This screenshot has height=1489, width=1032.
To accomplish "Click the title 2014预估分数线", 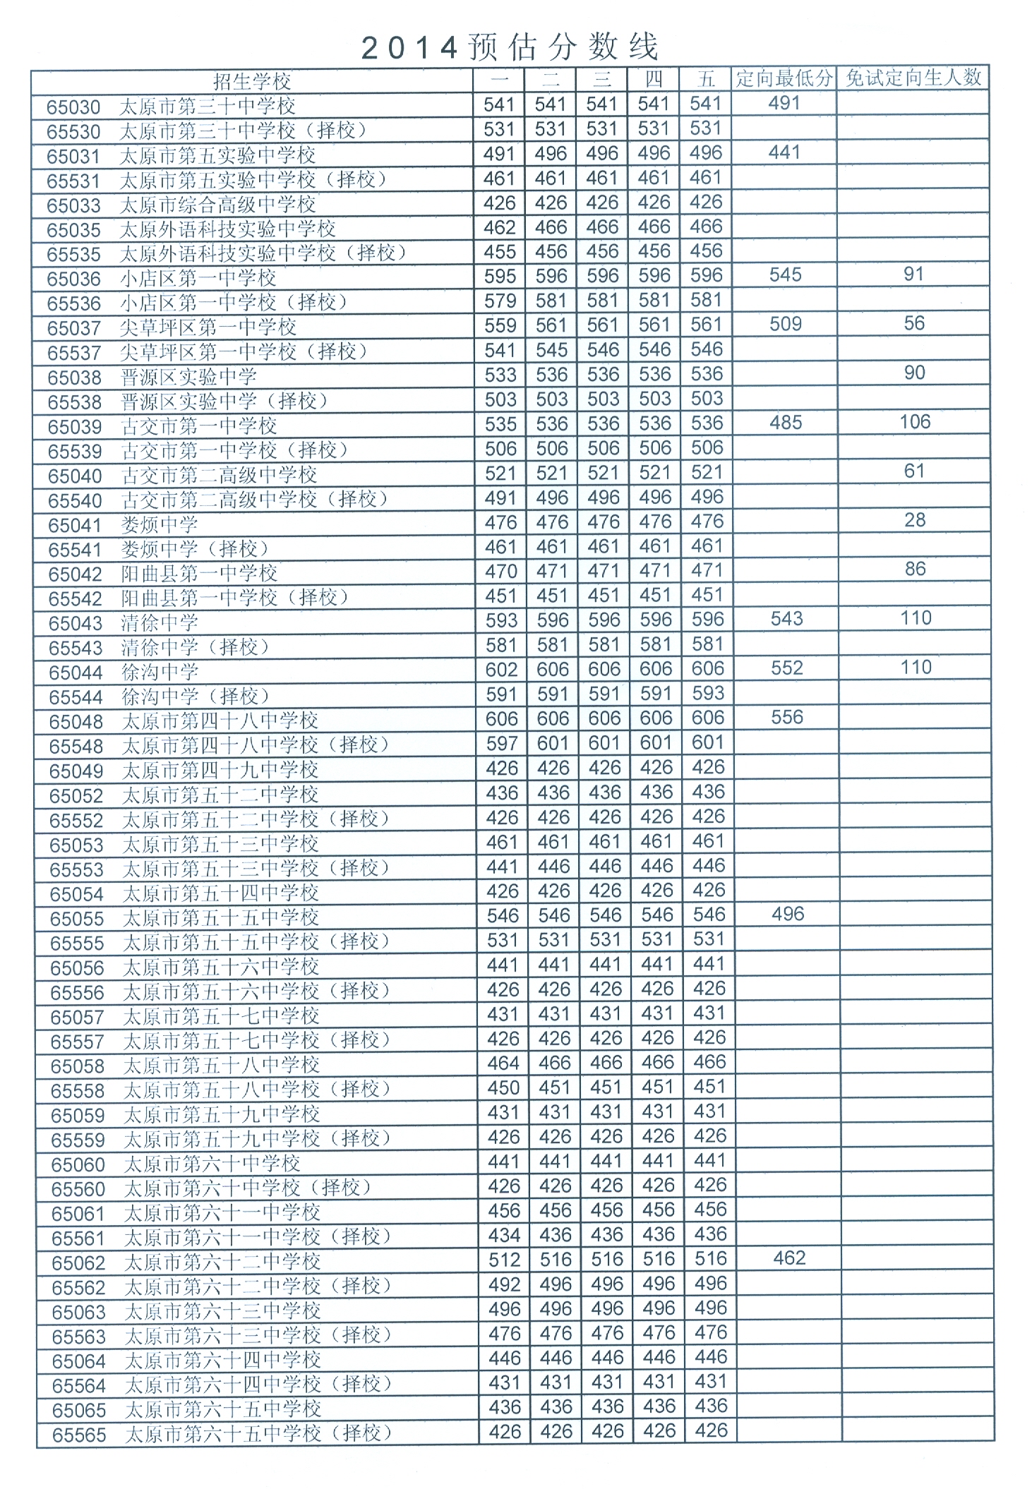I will pyautogui.click(x=510, y=47).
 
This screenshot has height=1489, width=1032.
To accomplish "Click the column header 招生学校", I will pyautogui.click(x=252, y=80).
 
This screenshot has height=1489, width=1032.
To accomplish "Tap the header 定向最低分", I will pyautogui.click(x=784, y=78).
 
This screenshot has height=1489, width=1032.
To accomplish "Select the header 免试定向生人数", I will pyautogui.click(x=913, y=78).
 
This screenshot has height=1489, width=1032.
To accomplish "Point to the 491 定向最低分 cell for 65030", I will pyautogui.click(x=784, y=104).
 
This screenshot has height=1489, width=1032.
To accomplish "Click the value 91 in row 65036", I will pyautogui.click(x=913, y=275).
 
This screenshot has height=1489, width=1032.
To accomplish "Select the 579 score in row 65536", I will pyautogui.click(x=500, y=301).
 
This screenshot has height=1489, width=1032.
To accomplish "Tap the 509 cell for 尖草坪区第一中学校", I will pyautogui.click(x=785, y=324).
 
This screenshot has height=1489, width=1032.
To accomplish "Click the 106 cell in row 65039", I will pyautogui.click(x=915, y=422).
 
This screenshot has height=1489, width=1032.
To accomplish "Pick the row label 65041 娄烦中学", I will pyautogui.click(x=123, y=525).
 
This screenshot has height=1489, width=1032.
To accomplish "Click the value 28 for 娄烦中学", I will pyautogui.click(x=915, y=520).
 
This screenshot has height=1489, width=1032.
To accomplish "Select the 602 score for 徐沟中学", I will pyautogui.click(x=501, y=669).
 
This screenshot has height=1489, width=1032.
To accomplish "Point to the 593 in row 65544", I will pyautogui.click(x=708, y=694).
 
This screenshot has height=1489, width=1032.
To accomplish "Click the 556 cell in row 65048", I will pyautogui.click(x=787, y=718).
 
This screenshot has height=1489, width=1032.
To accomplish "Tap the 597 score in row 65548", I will pyautogui.click(x=501, y=743).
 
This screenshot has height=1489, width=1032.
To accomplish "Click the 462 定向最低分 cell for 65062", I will pyautogui.click(x=789, y=1258).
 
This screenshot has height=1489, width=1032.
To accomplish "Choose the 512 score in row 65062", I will pyautogui.click(x=504, y=1260).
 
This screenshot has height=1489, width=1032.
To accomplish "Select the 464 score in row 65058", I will pyautogui.click(x=503, y=1063).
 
